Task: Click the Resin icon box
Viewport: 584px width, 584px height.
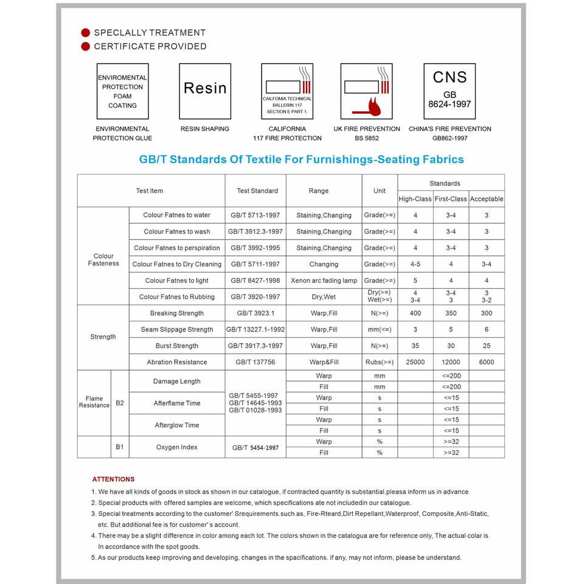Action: coord(205,91)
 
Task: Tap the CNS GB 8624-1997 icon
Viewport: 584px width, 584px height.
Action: coord(450,91)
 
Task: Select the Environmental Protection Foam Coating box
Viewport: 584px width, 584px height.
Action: coord(122,91)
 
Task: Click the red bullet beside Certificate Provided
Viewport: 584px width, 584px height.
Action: coord(86,46)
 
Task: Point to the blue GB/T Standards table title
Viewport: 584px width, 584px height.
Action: coord(301,159)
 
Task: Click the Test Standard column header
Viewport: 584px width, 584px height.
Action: coord(257,191)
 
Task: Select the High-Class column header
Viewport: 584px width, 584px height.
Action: coord(415,199)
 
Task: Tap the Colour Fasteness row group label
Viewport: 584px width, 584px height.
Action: coord(103,260)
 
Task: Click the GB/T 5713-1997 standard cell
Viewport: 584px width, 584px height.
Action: coord(255,215)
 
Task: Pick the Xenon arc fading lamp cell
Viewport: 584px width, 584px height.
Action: coord(324,280)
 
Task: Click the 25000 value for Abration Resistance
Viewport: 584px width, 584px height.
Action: coord(415,362)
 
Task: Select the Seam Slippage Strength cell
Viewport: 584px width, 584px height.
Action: coord(177,330)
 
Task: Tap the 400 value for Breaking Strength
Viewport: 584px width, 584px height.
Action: coord(415,313)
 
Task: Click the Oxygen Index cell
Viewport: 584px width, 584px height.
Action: coord(176,447)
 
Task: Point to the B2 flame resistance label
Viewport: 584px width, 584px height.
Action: coord(120,403)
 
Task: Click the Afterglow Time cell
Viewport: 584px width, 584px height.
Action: coord(176,425)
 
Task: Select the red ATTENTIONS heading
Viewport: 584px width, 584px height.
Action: coord(113,479)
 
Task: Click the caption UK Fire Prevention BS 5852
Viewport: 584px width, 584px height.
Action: coord(367,133)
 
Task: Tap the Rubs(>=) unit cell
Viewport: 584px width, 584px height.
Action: coord(380,362)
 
